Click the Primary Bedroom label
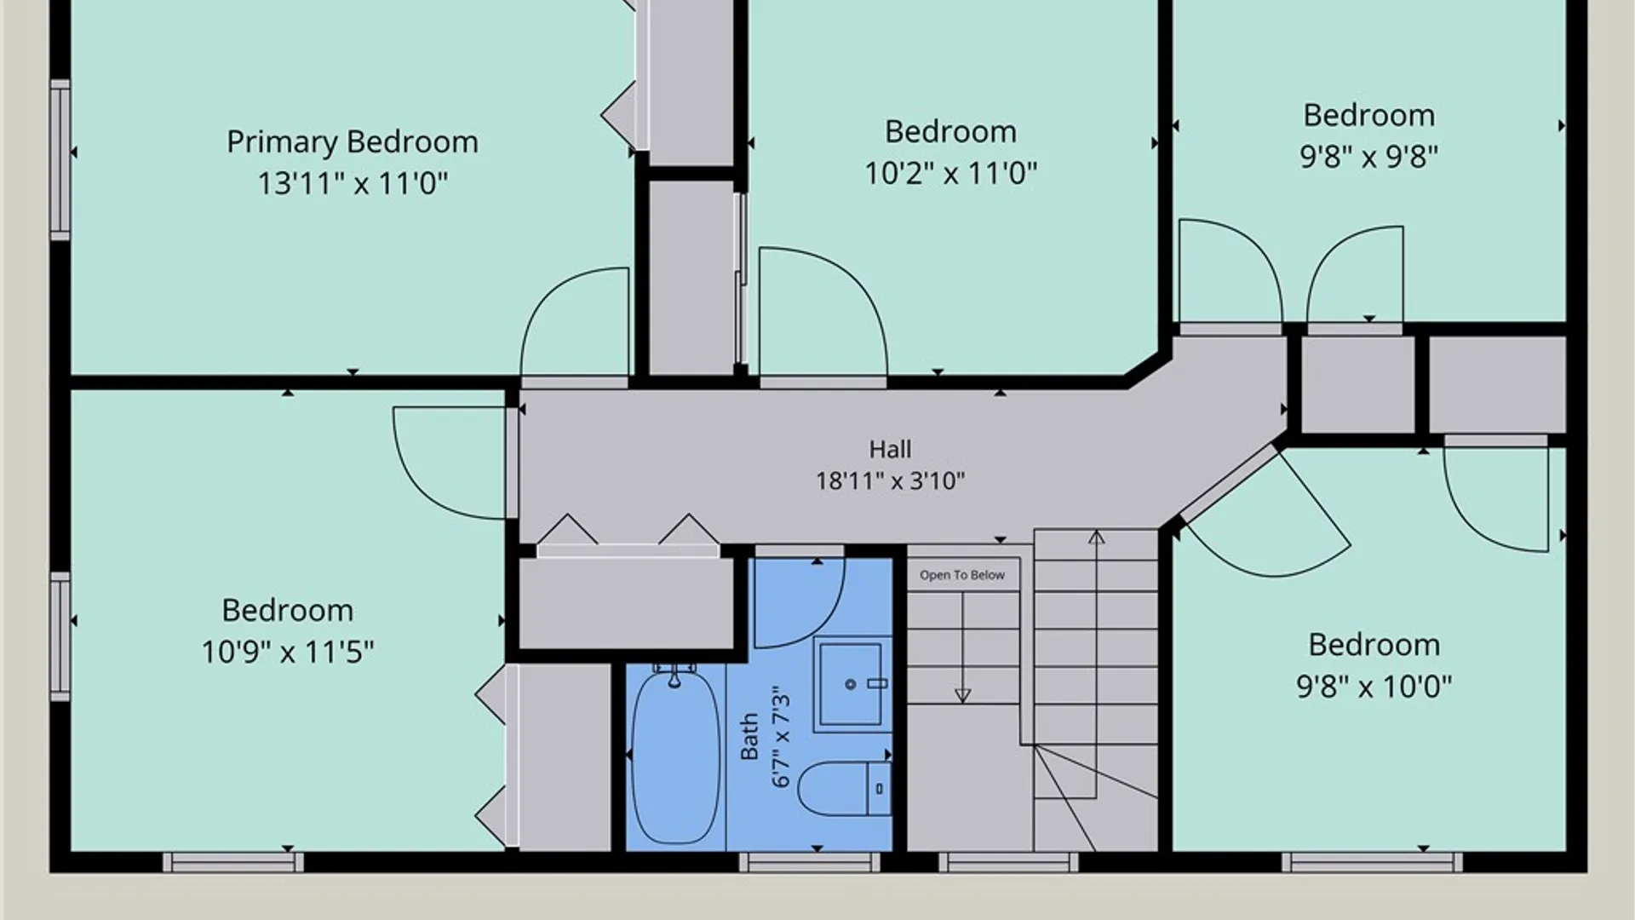click(x=353, y=142)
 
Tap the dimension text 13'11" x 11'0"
click(x=353, y=183)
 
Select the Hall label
click(x=890, y=449)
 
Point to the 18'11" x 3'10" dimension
click(x=890, y=480)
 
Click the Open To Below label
click(x=962, y=575)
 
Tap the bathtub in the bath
click(x=675, y=756)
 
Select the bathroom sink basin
click(x=851, y=684)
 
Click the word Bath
click(x=749, y=737)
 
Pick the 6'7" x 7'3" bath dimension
click(x=781, y=740)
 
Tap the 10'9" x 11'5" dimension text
click(x=288, y=652)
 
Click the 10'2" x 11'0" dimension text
click(x=951, y=173)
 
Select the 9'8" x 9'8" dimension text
click(x=1369, y=157)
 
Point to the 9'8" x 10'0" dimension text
click(x=1374, y=686)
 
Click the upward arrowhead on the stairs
click(x=1097, y=538)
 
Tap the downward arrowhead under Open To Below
click(x=963, y=696)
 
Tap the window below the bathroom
click(x=809, y=863)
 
